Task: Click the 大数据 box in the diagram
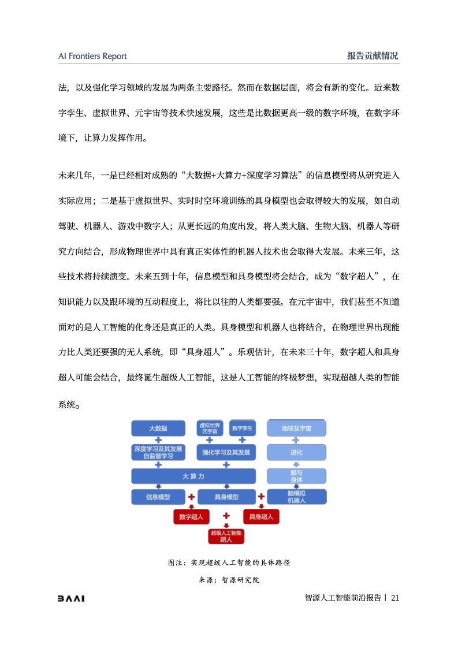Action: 158,428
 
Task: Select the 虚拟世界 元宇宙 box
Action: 210,428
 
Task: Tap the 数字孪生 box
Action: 242,428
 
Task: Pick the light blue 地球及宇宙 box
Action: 296,428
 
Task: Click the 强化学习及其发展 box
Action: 226,453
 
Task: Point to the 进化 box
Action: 296,453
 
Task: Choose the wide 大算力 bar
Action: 193,476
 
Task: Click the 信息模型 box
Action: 158,497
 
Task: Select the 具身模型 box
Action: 226,497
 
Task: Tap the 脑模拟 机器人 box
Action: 297,497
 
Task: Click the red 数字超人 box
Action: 191,516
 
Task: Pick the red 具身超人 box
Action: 261,516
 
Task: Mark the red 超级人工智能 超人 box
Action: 226,536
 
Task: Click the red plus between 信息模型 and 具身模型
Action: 191,497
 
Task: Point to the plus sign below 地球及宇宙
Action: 296,440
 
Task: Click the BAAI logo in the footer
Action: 71,598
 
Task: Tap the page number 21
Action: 395,598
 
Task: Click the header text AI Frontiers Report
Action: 92,56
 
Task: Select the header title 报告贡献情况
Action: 373,56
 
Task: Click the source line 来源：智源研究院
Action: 229,580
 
